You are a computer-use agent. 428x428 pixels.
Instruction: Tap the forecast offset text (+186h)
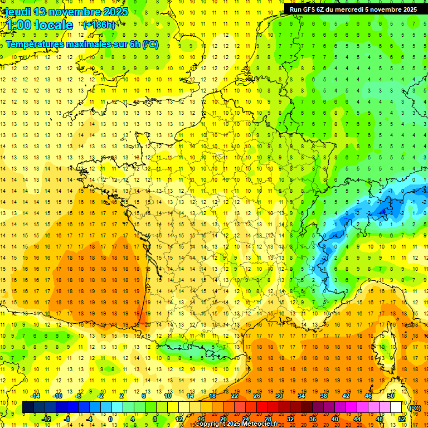(x=99, y=25)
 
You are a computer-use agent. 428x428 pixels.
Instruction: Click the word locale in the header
(x=53, y=25)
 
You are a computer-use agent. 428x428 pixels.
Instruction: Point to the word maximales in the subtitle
(x=89, y=44)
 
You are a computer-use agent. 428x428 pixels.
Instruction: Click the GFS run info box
(x=353, y=9)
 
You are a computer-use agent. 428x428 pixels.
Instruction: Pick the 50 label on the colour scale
(x=390, y=396)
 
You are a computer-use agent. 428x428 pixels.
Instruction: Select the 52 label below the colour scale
(x=401, y=419)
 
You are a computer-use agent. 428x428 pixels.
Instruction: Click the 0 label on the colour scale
(x=110, y=419)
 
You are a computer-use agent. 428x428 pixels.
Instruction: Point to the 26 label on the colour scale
(x=256, y=396)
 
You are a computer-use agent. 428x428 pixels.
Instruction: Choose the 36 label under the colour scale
(x=312, y=419)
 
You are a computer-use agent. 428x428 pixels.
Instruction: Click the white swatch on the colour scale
(x=396, y=407)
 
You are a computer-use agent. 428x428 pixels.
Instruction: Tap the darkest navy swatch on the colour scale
(x=28, y=407)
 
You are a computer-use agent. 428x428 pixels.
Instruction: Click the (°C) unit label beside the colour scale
(x=415, y=407)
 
